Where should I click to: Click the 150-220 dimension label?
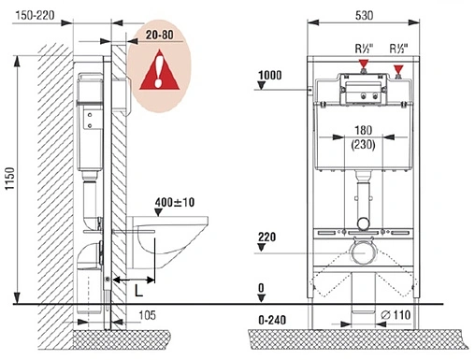pyautogui.click(x=35, y=15)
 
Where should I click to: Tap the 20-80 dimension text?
pyautogui.click(x=160, y=35)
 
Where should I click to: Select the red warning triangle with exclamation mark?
pyautogui.click(x=160, y=70)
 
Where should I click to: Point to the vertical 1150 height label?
pyautogui.click(x=10, y=179)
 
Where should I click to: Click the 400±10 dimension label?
pyautogui.click(x=175, y=202)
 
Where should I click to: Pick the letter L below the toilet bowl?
pyautogui.click(x=138, y=291)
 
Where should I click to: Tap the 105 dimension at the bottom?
pyautogui.click(x=147, y=315)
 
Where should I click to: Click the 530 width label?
pyautogui.click(x=364, y=15)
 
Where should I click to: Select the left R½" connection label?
pyautogui.click(x=364, y=49)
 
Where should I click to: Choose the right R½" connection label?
pyautogui.click(x=399, y=49)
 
